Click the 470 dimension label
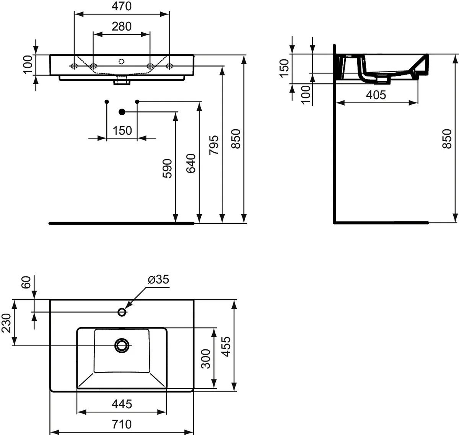(121, 6)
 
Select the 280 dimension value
(121, 26)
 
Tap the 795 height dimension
(214, 145)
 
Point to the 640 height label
(191, 163)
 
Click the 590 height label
(168, 168)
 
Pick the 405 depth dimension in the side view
(376, 95)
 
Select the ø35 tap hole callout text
(158, 279)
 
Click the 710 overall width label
(122, 424)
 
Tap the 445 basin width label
(122, 404)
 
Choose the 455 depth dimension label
(226, 347)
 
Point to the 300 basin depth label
(206, 359)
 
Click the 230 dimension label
(6, 323)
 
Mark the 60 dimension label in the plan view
(26, 282)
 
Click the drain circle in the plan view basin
(122, 345)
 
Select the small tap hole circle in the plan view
(122, 312)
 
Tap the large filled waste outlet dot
(122, 112)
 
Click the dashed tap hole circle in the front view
(121, 62)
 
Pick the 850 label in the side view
(447, 138)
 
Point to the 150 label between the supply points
(122, 130)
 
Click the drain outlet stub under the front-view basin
(122, 80)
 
